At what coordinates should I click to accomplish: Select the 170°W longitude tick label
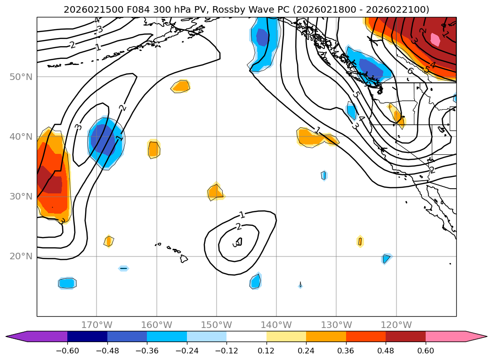pyautogui.click(x=97, y=325)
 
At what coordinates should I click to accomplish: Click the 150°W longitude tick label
pyautogui.click(x=217, y=325)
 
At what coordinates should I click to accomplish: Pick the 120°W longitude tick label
pyautogui.click(x=396, y=325)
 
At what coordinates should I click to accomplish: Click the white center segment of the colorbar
pyautogui.click(x=246, y=336)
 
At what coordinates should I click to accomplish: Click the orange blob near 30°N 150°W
pyautogui.click(x=215, y=192)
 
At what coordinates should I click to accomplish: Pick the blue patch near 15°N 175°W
pyautogui.click(x=67, y=283)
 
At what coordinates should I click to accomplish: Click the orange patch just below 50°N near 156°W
pyautogui.click(x=181, y=86)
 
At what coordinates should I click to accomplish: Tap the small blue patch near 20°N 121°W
pyautogui.click(x=386, y=258)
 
